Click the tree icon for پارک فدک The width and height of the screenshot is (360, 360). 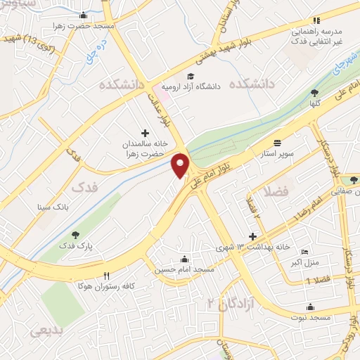(75, 235)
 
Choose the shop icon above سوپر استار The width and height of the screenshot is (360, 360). (278, 141)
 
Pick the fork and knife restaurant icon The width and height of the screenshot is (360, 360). (106, 276)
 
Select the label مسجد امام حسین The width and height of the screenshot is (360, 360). (185, 269)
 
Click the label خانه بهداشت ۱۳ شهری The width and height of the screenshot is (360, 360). (254, 247)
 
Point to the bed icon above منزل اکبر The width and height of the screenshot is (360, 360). (304, 252)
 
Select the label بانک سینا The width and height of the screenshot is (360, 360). (53, 207)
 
